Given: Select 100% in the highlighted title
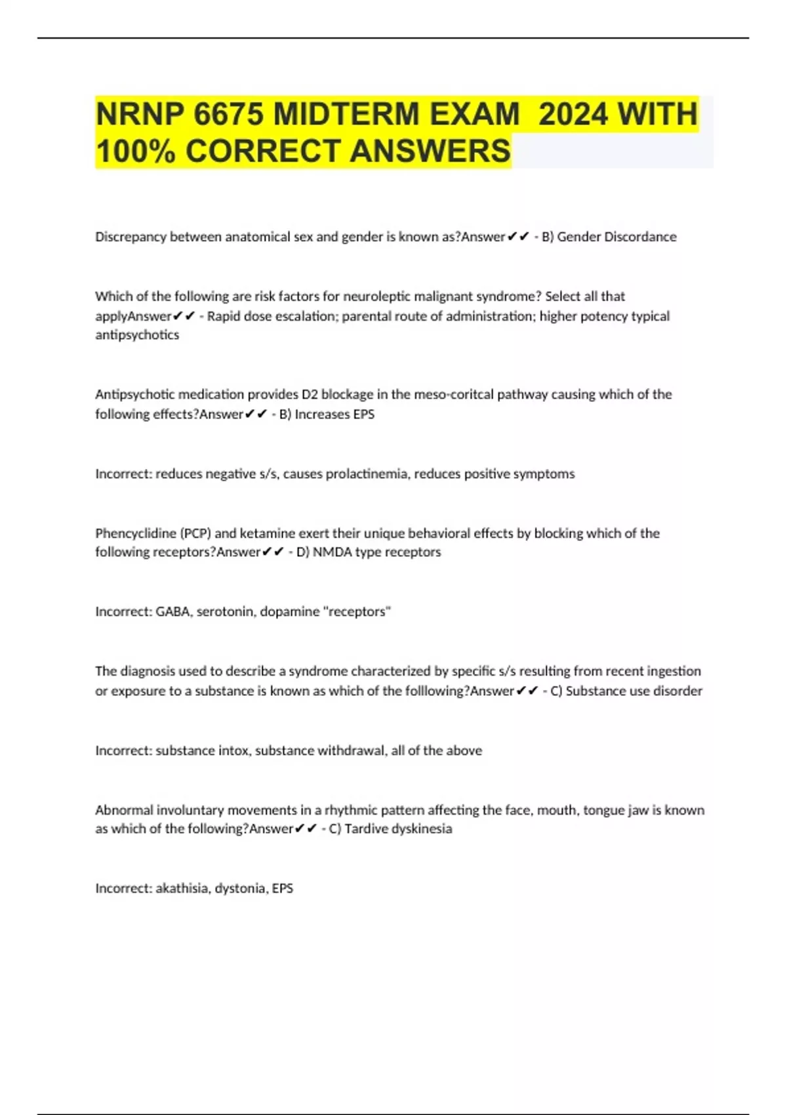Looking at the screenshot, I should (x=135, y=152).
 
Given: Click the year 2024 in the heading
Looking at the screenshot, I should (x=572, y=114).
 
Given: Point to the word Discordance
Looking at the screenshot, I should (x=639, y=237).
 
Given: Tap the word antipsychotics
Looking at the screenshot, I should (x=137, y=335).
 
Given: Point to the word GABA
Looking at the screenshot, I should (x=172, y=612).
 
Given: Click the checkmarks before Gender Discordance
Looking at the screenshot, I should (x=518, y=237).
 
